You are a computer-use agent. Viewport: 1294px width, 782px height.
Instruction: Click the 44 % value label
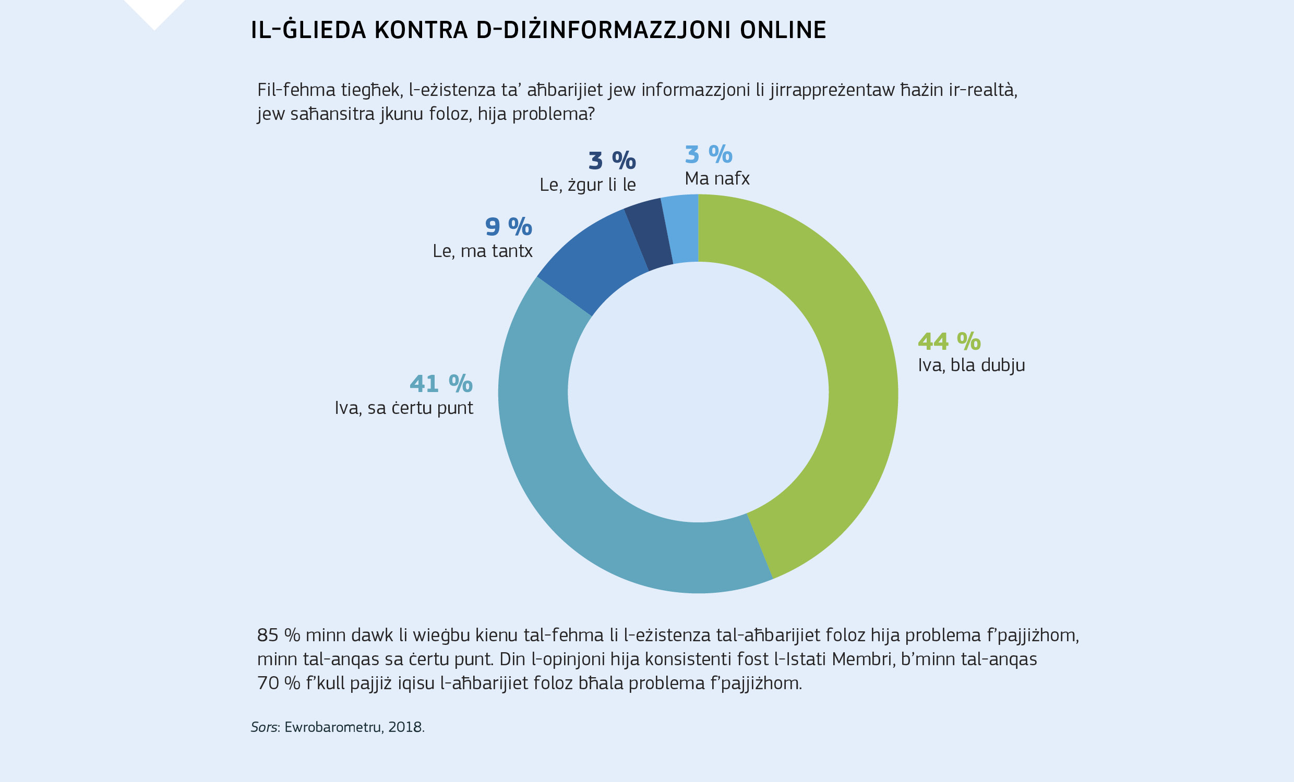tap(949, 341)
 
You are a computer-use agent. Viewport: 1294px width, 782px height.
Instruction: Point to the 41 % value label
tap(440, 384)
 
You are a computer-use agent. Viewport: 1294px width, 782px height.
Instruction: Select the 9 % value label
tap(508, 227)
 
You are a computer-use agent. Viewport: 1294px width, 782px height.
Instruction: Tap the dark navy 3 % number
tap(612, 161)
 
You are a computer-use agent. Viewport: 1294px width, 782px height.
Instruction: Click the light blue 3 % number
tap(708, 154)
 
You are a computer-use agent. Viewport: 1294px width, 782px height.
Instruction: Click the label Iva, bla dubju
tap(971, 365)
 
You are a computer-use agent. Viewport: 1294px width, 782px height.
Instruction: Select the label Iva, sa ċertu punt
tap(404, 408)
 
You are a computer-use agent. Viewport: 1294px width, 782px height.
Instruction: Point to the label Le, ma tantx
tap(482, 251)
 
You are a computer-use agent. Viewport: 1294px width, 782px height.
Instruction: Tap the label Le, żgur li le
tap(587, 185)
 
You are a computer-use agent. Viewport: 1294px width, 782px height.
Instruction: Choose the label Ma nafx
tap(717, 179)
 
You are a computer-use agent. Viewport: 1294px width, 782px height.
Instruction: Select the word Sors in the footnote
tap(263, 727)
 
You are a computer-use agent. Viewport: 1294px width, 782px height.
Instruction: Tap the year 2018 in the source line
tap(405, 727)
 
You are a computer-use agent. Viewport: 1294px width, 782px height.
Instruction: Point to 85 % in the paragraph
tap(278, 636)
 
